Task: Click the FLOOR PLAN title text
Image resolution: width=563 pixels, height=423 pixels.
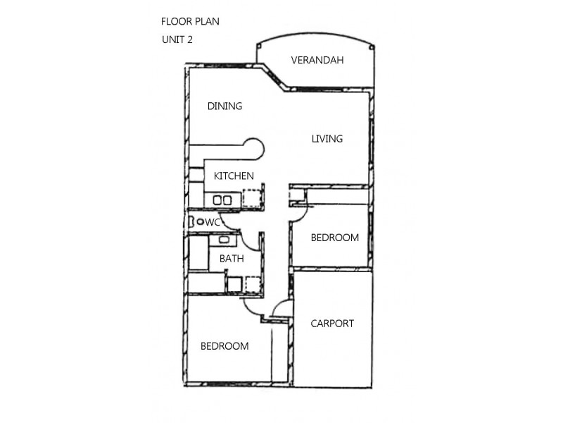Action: (190, 21)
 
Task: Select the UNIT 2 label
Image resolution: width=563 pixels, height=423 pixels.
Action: (177, 39)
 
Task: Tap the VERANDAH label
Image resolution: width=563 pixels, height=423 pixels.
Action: (317, 60)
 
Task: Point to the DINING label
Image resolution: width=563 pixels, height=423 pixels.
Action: (224, 106)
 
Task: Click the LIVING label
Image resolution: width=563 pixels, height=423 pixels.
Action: (327, 139)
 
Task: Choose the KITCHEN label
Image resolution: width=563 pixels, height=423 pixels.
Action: (234, 176)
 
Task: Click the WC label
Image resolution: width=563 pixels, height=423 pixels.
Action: (214, 222)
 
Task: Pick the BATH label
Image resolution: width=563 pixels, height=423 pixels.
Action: (232, 259)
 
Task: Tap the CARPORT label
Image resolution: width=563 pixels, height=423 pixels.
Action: (332, 324)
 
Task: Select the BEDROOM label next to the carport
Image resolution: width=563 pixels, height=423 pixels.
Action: (335, 238)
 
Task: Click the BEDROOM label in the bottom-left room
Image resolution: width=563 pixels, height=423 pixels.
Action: (224, 346)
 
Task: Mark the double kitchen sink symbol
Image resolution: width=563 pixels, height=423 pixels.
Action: (222, 200)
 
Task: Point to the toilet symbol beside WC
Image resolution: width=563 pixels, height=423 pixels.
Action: (200, 222)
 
